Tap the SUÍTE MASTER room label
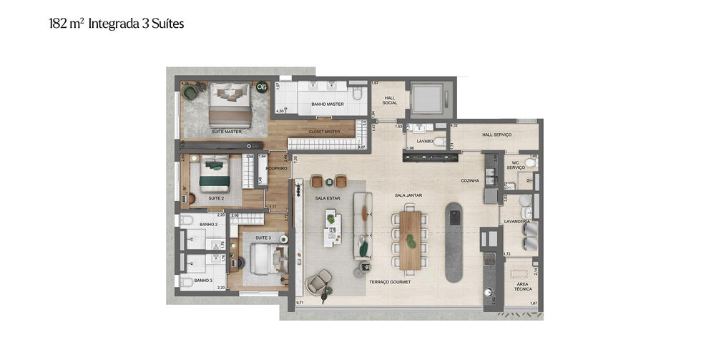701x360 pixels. [x=226, y=132]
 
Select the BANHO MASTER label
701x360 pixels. [x=328, y=104]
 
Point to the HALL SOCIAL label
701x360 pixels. [x=390, y=100]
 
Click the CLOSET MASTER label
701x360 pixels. [x=324, y=132]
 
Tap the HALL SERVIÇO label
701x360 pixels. [x=497, y=135]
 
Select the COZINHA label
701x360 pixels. [x=470, y=180]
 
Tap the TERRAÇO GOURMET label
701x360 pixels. [x=390, y=283]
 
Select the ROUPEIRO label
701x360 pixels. [x=277, y=169]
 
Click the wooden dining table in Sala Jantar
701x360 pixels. [x=410, y=238]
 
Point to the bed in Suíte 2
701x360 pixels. [x=215, y=175]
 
